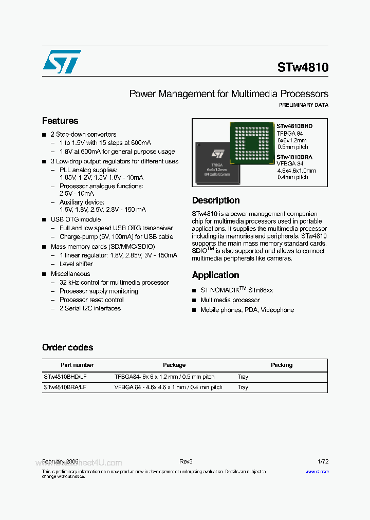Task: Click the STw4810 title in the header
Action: pyautogui.click(x=303, y=67)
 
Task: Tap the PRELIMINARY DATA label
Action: pyautogui.click(x=303, y=105)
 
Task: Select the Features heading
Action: pyautogui.click(x=60, y=121)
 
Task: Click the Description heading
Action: pyautogui.click(x=216, y=200)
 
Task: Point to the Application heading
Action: pyautogui.click(x=215, y=275)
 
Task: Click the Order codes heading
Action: pyautogui.click(x=68, y=347)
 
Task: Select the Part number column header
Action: pyautogui.click(x=77, y=365)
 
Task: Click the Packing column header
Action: pyautogui.click(x=282, y=365)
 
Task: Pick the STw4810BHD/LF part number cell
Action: pyautogui.click(x=65, y=377)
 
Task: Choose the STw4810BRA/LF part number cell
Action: pyautogui.click(x=65, y=387)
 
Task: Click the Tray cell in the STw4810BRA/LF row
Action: pyautogui.click(x=243, y=387)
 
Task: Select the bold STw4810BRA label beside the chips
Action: pyautogui.click(x=294, y=157)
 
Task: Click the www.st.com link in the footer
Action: pyautogui.click(x=317, y=471)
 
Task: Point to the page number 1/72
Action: pyautogui.click(x=323, y=462)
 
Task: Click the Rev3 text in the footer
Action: pyautogui.click(x=186, y=462)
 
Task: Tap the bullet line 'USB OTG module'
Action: pyautogui.click(x=76, y=219)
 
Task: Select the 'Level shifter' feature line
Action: pyautogui.click(x=76, y=264)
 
